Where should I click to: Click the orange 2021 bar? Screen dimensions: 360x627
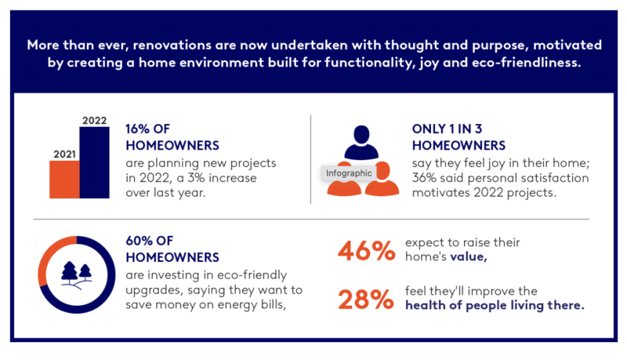click(64, 180)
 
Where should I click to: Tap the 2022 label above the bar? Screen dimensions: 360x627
click(94, 121)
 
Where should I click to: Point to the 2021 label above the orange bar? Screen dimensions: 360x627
click(64, 155)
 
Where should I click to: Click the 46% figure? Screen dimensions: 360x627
click(364, 251)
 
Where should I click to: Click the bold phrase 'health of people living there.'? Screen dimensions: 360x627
click(495, 306)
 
